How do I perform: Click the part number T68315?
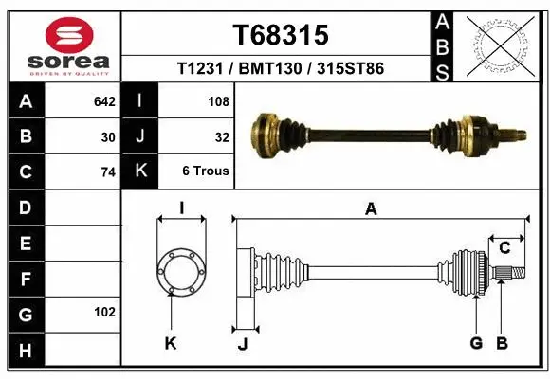(281, 35)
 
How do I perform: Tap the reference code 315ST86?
(350, 69)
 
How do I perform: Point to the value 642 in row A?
(104, 100)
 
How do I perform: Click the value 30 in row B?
(107, 136)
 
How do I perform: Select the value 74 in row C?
(107, 172)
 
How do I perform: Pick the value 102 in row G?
(104, 312)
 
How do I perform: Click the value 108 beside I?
(218, 100)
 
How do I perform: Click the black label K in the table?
(140, 171)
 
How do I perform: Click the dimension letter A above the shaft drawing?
(371, 209)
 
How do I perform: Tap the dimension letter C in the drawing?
(504, 248)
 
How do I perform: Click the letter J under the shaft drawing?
(242, 344)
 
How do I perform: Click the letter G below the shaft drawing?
(476, 343)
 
